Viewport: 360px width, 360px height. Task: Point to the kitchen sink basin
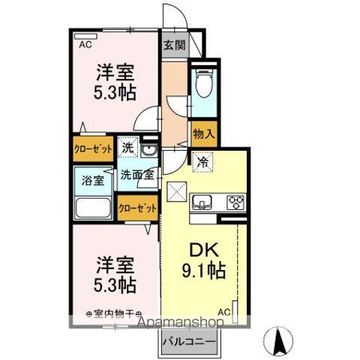[203, 201]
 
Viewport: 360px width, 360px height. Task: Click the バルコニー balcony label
[191, 342]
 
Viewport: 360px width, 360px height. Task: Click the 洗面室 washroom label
[137, 174]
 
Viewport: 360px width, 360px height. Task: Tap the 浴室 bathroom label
[91, 180]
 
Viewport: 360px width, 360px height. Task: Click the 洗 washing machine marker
[128, 148]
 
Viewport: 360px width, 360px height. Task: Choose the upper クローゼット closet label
[93, 148]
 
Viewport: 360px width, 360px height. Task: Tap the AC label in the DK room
[223, 310]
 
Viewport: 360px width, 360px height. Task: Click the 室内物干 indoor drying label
[114, 314]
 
